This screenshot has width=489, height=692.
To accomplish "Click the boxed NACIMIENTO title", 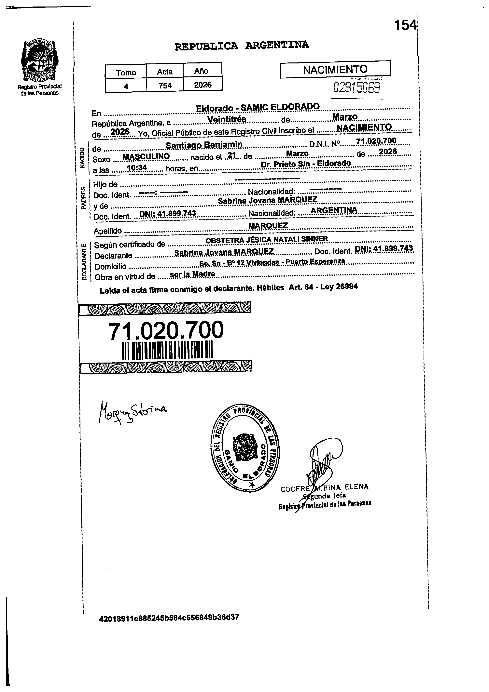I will (x=335, y=70).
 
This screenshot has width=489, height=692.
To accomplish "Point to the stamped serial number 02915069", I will (x=356, y=88).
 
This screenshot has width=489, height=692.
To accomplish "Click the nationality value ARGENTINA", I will (x=334, y=210).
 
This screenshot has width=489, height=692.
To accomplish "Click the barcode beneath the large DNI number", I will (x=167, y=350).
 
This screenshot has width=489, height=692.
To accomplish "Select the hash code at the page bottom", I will (x=169, y=618).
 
